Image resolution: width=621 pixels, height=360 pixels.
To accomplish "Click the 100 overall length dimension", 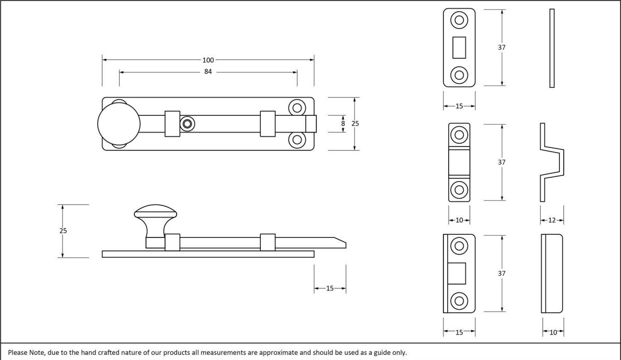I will click(x=208, y=60).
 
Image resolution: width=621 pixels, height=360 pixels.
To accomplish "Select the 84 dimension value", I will click(x=208, y=72).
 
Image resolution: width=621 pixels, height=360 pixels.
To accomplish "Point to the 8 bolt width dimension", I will click(x=343, y=124).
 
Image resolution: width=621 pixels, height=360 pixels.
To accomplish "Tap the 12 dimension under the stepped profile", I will click(x=552, y=220).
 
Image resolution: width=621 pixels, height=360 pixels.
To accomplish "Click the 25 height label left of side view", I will click(x=63, y=231).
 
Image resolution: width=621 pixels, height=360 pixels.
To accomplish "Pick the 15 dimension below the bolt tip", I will click(x=330, y=288).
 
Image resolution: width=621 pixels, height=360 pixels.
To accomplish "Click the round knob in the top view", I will click(x=119, y=124).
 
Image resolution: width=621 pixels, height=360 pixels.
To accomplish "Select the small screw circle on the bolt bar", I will click(x=187, y=124).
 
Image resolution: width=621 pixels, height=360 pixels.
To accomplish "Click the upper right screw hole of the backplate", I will click(x=297, y=108).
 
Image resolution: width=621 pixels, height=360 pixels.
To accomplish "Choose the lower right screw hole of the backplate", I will click(x=297, y=139).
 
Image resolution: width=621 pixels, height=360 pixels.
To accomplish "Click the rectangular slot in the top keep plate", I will click(x=459, y=48).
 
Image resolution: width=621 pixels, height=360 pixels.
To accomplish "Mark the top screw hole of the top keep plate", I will click(x=459, y=21).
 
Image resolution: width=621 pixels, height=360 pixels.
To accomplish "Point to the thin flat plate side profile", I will click(x=552, y=48).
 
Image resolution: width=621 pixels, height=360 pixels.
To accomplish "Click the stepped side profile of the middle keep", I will click(x=552, y=162).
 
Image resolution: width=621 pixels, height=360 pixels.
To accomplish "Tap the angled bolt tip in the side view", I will click(x=338, y=243).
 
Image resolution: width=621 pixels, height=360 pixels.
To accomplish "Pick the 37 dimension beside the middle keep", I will click(x=501, y=162).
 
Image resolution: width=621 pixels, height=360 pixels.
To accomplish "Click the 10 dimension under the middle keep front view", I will click(x=459, y=220).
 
